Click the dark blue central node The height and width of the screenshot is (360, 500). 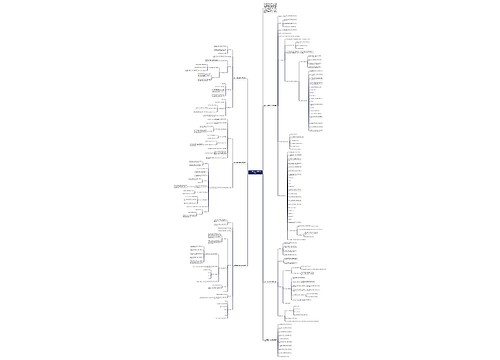pyautogui.click(x=254, y=173)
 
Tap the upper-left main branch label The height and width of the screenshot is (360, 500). pyautogui.click(x=239, y=79)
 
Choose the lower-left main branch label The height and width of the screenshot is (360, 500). pyautogui.click(x=238, y=266)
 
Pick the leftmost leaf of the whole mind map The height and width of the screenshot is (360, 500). pyautogui.click(x=181, y=186)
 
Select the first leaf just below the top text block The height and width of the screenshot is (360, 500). pyautogui.click(x=289, y=17)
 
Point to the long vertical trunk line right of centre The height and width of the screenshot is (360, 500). pyautogui.click(x=262, y=180)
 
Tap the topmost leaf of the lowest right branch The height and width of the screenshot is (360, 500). pyautogui.click(x=289, y=325)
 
